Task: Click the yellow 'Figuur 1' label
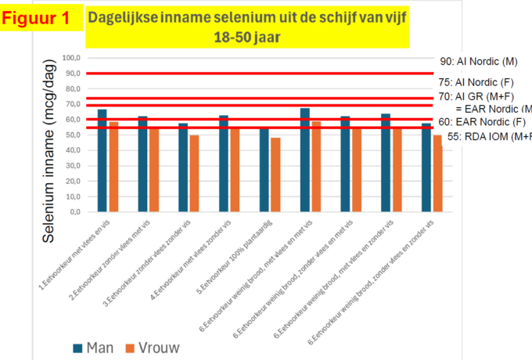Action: (40, 18)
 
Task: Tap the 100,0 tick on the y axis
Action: (72, 59)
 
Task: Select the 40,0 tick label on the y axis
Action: (74, 150)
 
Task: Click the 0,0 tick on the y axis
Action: (76, 211)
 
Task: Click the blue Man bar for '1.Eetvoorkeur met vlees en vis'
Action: (102, 160)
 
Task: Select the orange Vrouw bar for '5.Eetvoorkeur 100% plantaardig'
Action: (275, 175)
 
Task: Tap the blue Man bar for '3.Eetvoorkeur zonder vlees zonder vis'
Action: (183, 167)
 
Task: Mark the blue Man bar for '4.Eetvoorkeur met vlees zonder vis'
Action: (224, 164)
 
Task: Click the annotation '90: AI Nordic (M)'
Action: (479, 61)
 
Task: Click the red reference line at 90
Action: (258, 73)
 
